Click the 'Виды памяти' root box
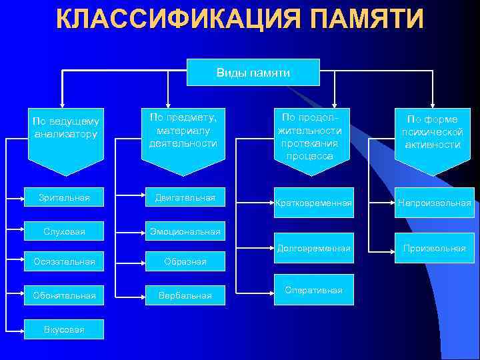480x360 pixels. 253,73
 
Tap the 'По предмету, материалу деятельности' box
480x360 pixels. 183,131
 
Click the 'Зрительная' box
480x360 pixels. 64,198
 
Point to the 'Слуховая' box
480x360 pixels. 64,231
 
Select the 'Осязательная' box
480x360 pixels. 64,262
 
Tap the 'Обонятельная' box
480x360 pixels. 64,295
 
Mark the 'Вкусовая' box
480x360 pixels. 64,329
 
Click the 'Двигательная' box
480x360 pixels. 185,198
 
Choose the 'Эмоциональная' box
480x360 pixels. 185,231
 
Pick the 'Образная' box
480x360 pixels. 185,262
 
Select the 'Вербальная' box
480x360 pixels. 185,295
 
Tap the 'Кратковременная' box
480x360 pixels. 313,203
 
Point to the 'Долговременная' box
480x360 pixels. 313,248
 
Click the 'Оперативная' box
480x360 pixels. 313,290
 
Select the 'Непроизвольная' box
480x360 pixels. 434,203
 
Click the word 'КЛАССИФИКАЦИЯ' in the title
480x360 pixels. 170,19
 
